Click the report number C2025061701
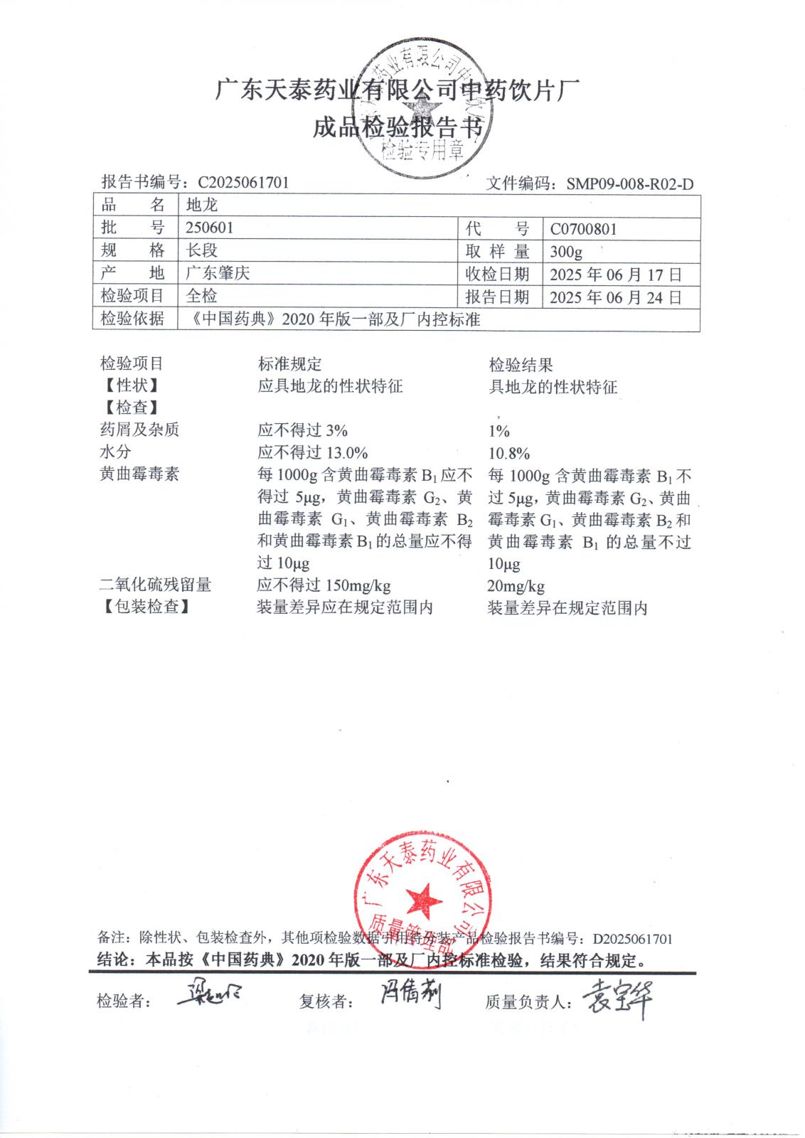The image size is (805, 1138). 243,182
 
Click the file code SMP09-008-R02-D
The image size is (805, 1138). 629,184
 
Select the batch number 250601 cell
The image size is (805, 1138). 209,228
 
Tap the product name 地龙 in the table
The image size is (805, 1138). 201,205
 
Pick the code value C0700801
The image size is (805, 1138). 583,229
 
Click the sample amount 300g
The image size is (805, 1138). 566,252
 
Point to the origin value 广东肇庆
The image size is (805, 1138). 218,273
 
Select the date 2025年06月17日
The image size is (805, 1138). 615,275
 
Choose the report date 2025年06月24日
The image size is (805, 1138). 615,297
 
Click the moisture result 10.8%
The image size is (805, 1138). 508,453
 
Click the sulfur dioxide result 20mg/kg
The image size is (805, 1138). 516,586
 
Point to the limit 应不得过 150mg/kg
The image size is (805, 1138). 324,585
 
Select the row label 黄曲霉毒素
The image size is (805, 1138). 139,474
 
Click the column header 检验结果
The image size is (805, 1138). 520,366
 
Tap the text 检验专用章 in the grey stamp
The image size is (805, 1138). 422,149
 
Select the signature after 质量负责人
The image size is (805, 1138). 617,999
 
